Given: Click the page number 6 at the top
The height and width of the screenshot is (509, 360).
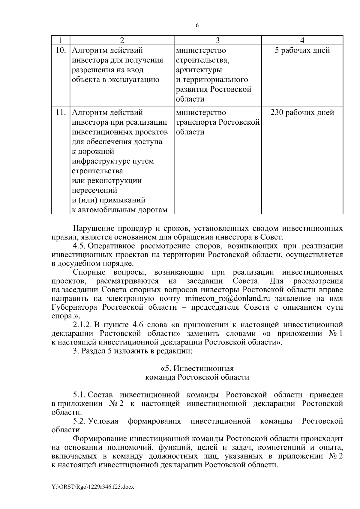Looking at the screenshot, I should click(197, 26).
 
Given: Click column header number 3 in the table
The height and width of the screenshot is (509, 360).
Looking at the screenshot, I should click(218, 40).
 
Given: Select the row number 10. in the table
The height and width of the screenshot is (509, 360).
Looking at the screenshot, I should click(61, 50).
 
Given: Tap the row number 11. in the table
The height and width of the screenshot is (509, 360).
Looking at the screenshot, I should click(61, 113).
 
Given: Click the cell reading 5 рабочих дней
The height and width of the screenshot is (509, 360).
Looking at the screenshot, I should click(302, 50).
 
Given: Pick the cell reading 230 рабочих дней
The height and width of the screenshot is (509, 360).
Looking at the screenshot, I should click(302, 113).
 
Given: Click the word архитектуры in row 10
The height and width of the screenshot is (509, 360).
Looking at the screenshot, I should click(199, 70).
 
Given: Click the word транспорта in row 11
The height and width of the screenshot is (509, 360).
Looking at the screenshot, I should click(196, 122).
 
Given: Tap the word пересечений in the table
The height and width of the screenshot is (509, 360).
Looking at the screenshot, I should click(94, 190).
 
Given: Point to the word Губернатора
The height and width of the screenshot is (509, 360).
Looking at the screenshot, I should click(74, 308).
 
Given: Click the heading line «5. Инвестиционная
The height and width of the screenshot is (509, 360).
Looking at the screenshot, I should click(197, 368).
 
